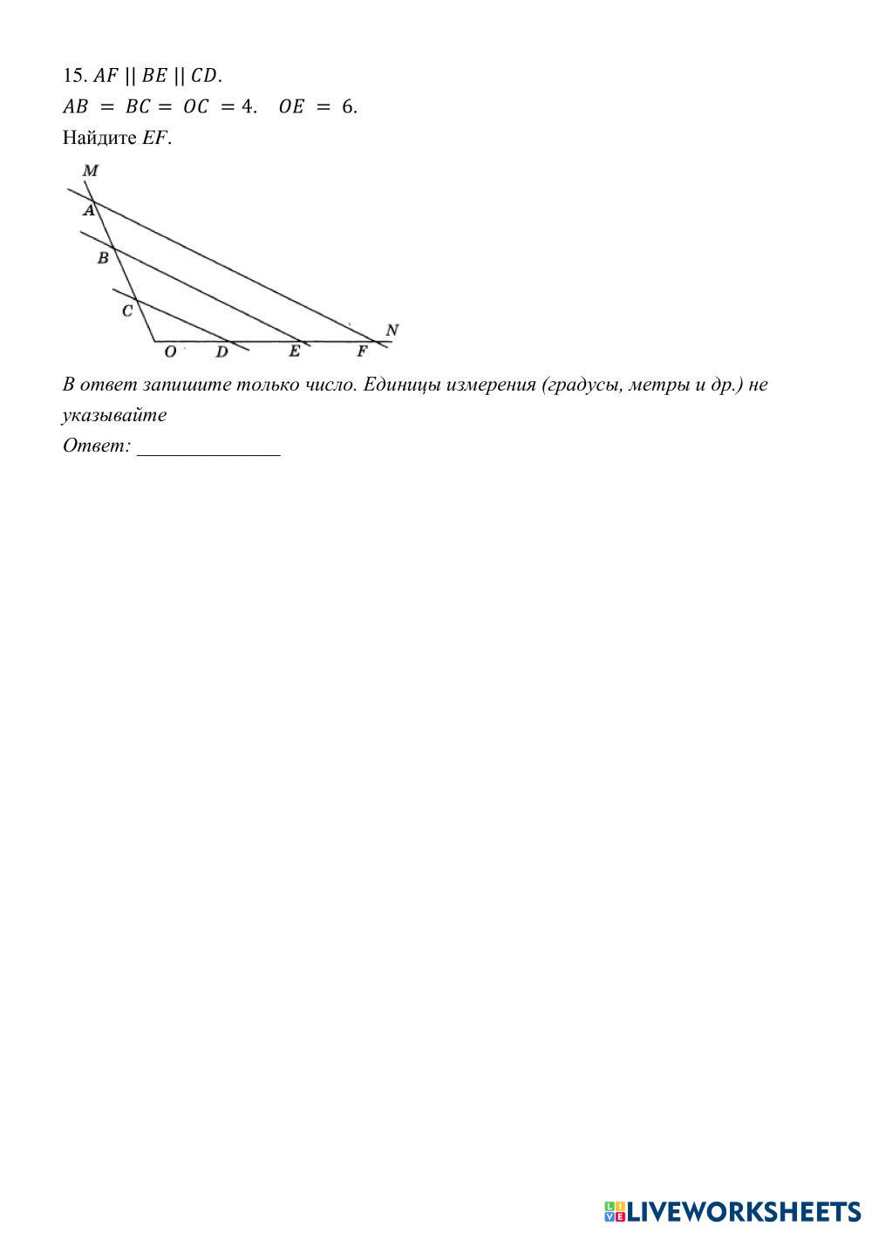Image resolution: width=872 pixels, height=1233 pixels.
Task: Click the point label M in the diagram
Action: [x=90, y=171]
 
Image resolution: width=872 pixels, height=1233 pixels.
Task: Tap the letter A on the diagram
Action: [x=88, y=210]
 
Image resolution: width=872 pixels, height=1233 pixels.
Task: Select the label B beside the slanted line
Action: [x=103, y=258]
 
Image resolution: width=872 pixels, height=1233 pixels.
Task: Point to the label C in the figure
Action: [x=127, y=310]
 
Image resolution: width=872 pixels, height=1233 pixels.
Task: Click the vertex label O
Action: [x=170, y=351]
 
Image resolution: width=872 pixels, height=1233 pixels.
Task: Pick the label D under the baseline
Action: [x=222, y=351]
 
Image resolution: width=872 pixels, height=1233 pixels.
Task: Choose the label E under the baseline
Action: [x=295, y=351]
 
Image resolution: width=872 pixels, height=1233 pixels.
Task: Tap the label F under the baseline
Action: [x=362, y=351]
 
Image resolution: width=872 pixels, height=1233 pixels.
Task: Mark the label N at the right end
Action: [x=392, y=330]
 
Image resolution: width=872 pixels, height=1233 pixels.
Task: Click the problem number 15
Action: [x=72, y=76]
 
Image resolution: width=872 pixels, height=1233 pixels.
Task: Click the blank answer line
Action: [x=208, y=451]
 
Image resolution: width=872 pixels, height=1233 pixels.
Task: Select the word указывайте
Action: [x=114, y=415]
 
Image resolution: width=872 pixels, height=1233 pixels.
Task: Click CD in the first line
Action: [x=204, y=76]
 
